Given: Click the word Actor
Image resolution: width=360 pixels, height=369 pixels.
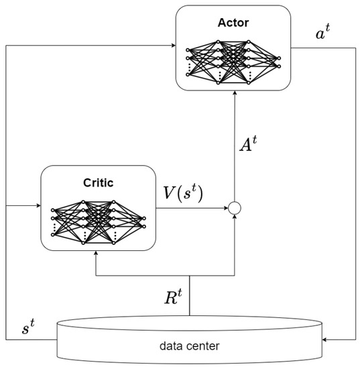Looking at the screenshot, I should coord(233,22).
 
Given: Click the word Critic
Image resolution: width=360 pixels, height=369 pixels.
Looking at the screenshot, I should coord(99,182).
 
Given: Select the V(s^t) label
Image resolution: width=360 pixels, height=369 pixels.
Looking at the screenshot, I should coord(184,194).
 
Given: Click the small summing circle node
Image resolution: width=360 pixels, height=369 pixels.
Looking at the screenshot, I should coord(234,209).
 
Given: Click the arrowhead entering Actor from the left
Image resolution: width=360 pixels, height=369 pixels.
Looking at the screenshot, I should coord(172,47).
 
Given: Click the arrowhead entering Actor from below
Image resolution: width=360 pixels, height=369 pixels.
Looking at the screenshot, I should coord(234,94).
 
